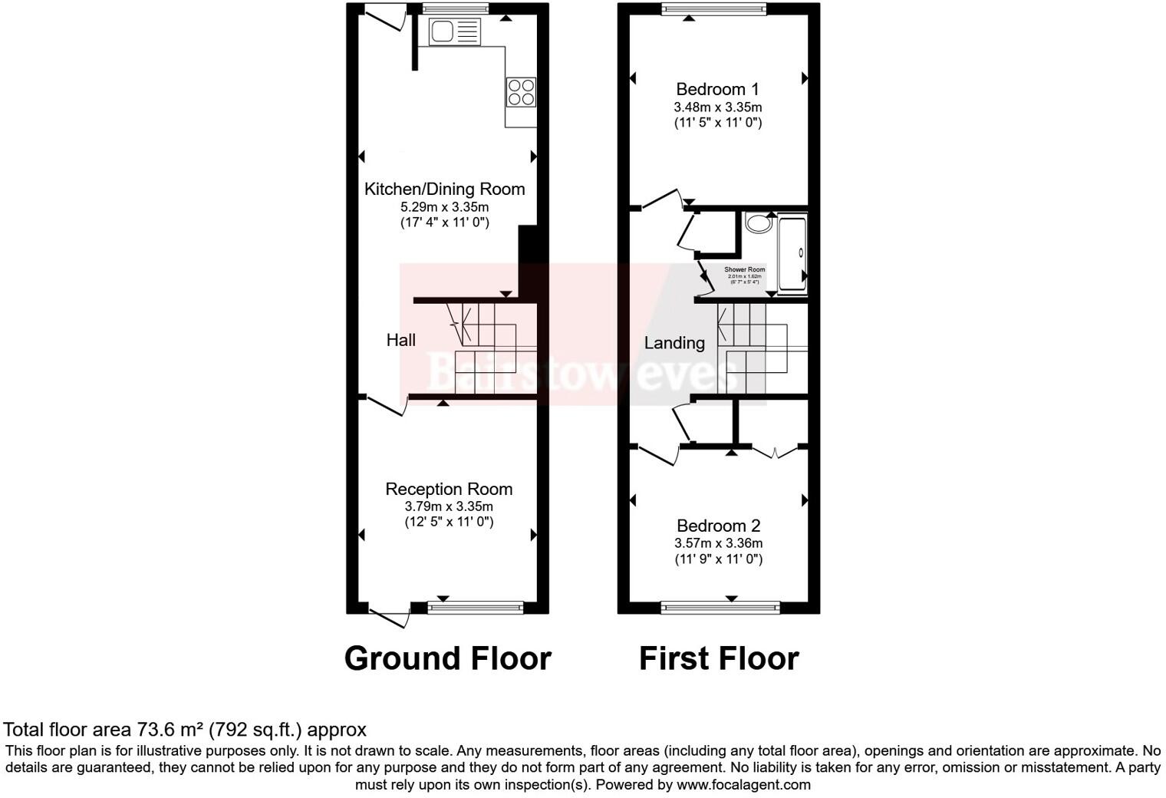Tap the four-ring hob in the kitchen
[x=521, y=92]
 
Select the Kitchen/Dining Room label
[x=444, y=189]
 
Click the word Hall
[x=400, y=340]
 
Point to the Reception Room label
[x=449, y=489]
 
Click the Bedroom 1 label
[x=717, y=89]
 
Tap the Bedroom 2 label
[x=718, y=526]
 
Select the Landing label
[x=674, y=343]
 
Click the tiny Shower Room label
[x=744, y=270]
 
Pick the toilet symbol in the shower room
[x=759, y=224]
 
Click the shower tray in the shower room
[x=792, y=253]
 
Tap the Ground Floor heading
[x=447, y=658]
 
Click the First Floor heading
[x=719, y=658]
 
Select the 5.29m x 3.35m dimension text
[x=444, y=207]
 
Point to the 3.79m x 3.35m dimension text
[x=449, y=506]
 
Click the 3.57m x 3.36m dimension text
[x=718, y=543]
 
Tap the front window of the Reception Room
[x=475, y=608]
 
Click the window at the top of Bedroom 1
[x=714, y=9]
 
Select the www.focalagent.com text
[x=743, y=785]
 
